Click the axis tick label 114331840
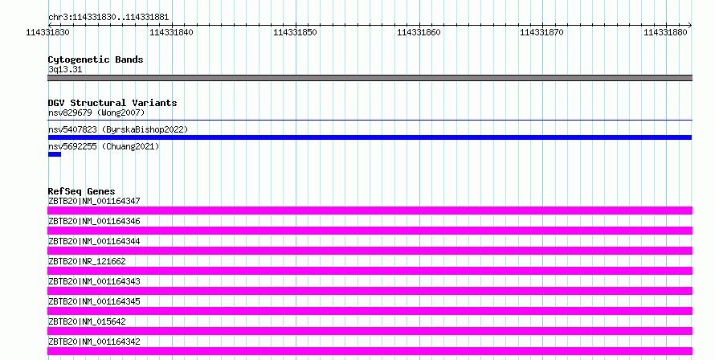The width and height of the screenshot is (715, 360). pyautogui.click(x=171, y=32)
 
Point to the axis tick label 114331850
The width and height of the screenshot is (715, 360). pyautogui.click(x=295, y=32)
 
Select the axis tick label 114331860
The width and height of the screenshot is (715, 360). pyautogui.click(x=419, y=32)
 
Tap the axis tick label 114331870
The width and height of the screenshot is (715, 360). pyautogui.click(x=541, y=32)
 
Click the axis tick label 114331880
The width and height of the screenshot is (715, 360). pyautogui.click(x=665, y=32)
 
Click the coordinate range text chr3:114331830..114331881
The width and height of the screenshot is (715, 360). pyautogui.click(x=108, y=18)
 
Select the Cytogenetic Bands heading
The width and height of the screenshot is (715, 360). pyautogui.click(x=96, y=59)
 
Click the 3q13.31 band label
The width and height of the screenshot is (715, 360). pyautogui.click(x=65, y=69)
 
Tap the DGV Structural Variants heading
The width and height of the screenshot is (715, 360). pyautogui.click(x=112, y=103)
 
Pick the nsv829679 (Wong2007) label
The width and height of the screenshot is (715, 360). pyautogui.click(x=96, y=112)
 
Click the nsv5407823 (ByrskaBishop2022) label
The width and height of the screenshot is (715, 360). pyautogui.click(x=118, y=129)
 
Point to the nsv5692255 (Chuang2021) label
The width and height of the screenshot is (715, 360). pyautogui.click(x=104, y=146)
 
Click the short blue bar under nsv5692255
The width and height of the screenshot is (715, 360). pyautogui.click(x=55, y=154)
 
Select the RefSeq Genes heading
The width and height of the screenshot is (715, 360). pyautogui.click(x=81, y=191)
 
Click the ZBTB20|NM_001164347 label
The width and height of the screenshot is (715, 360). pyautogui.click(x=94, y=201)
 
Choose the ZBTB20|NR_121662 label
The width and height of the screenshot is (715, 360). pyautogui.click(x=87, y=261)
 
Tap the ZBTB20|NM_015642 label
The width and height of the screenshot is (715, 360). pyautogui.click(x=87, y=321)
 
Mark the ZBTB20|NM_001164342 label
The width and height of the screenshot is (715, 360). pyautogui.click(x=94, y=342)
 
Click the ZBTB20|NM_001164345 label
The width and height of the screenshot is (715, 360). pyautogui.click(x=94, y=301)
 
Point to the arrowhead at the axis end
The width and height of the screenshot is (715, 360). pyautogui.click(x=689, y=25)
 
